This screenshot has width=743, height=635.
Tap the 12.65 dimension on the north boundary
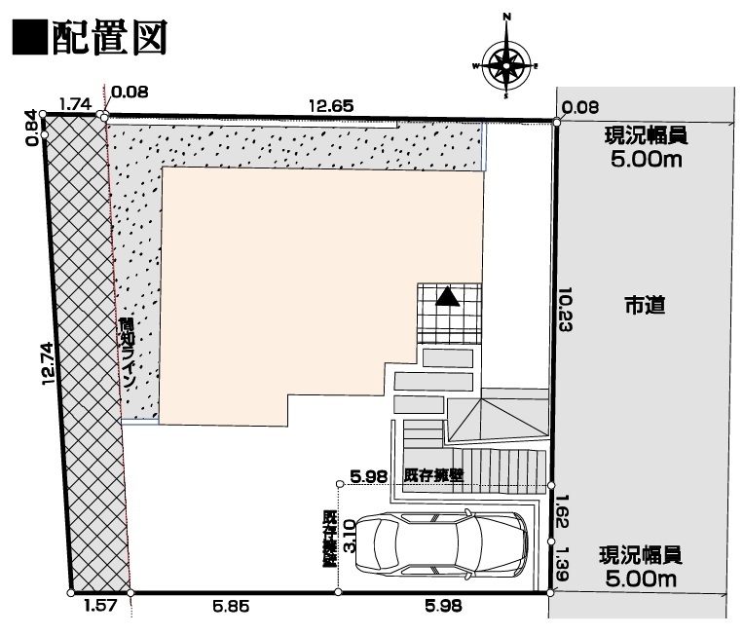pyautogui.click(x=331, y=104)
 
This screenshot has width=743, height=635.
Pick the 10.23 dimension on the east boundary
pyautogui.click(x=564, y=309)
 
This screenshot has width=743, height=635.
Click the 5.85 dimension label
pyautogui.click(x=231, y=606)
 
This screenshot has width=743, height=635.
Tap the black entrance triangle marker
pyautogui.click(x=447, y=296)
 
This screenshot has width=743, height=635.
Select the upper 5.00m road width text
pyautogui.click(x=644, y=160)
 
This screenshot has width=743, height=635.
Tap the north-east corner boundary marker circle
pyautogui.click(x=556, y=122)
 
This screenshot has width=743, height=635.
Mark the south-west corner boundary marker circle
pyautogui.click(x=71, y=591)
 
